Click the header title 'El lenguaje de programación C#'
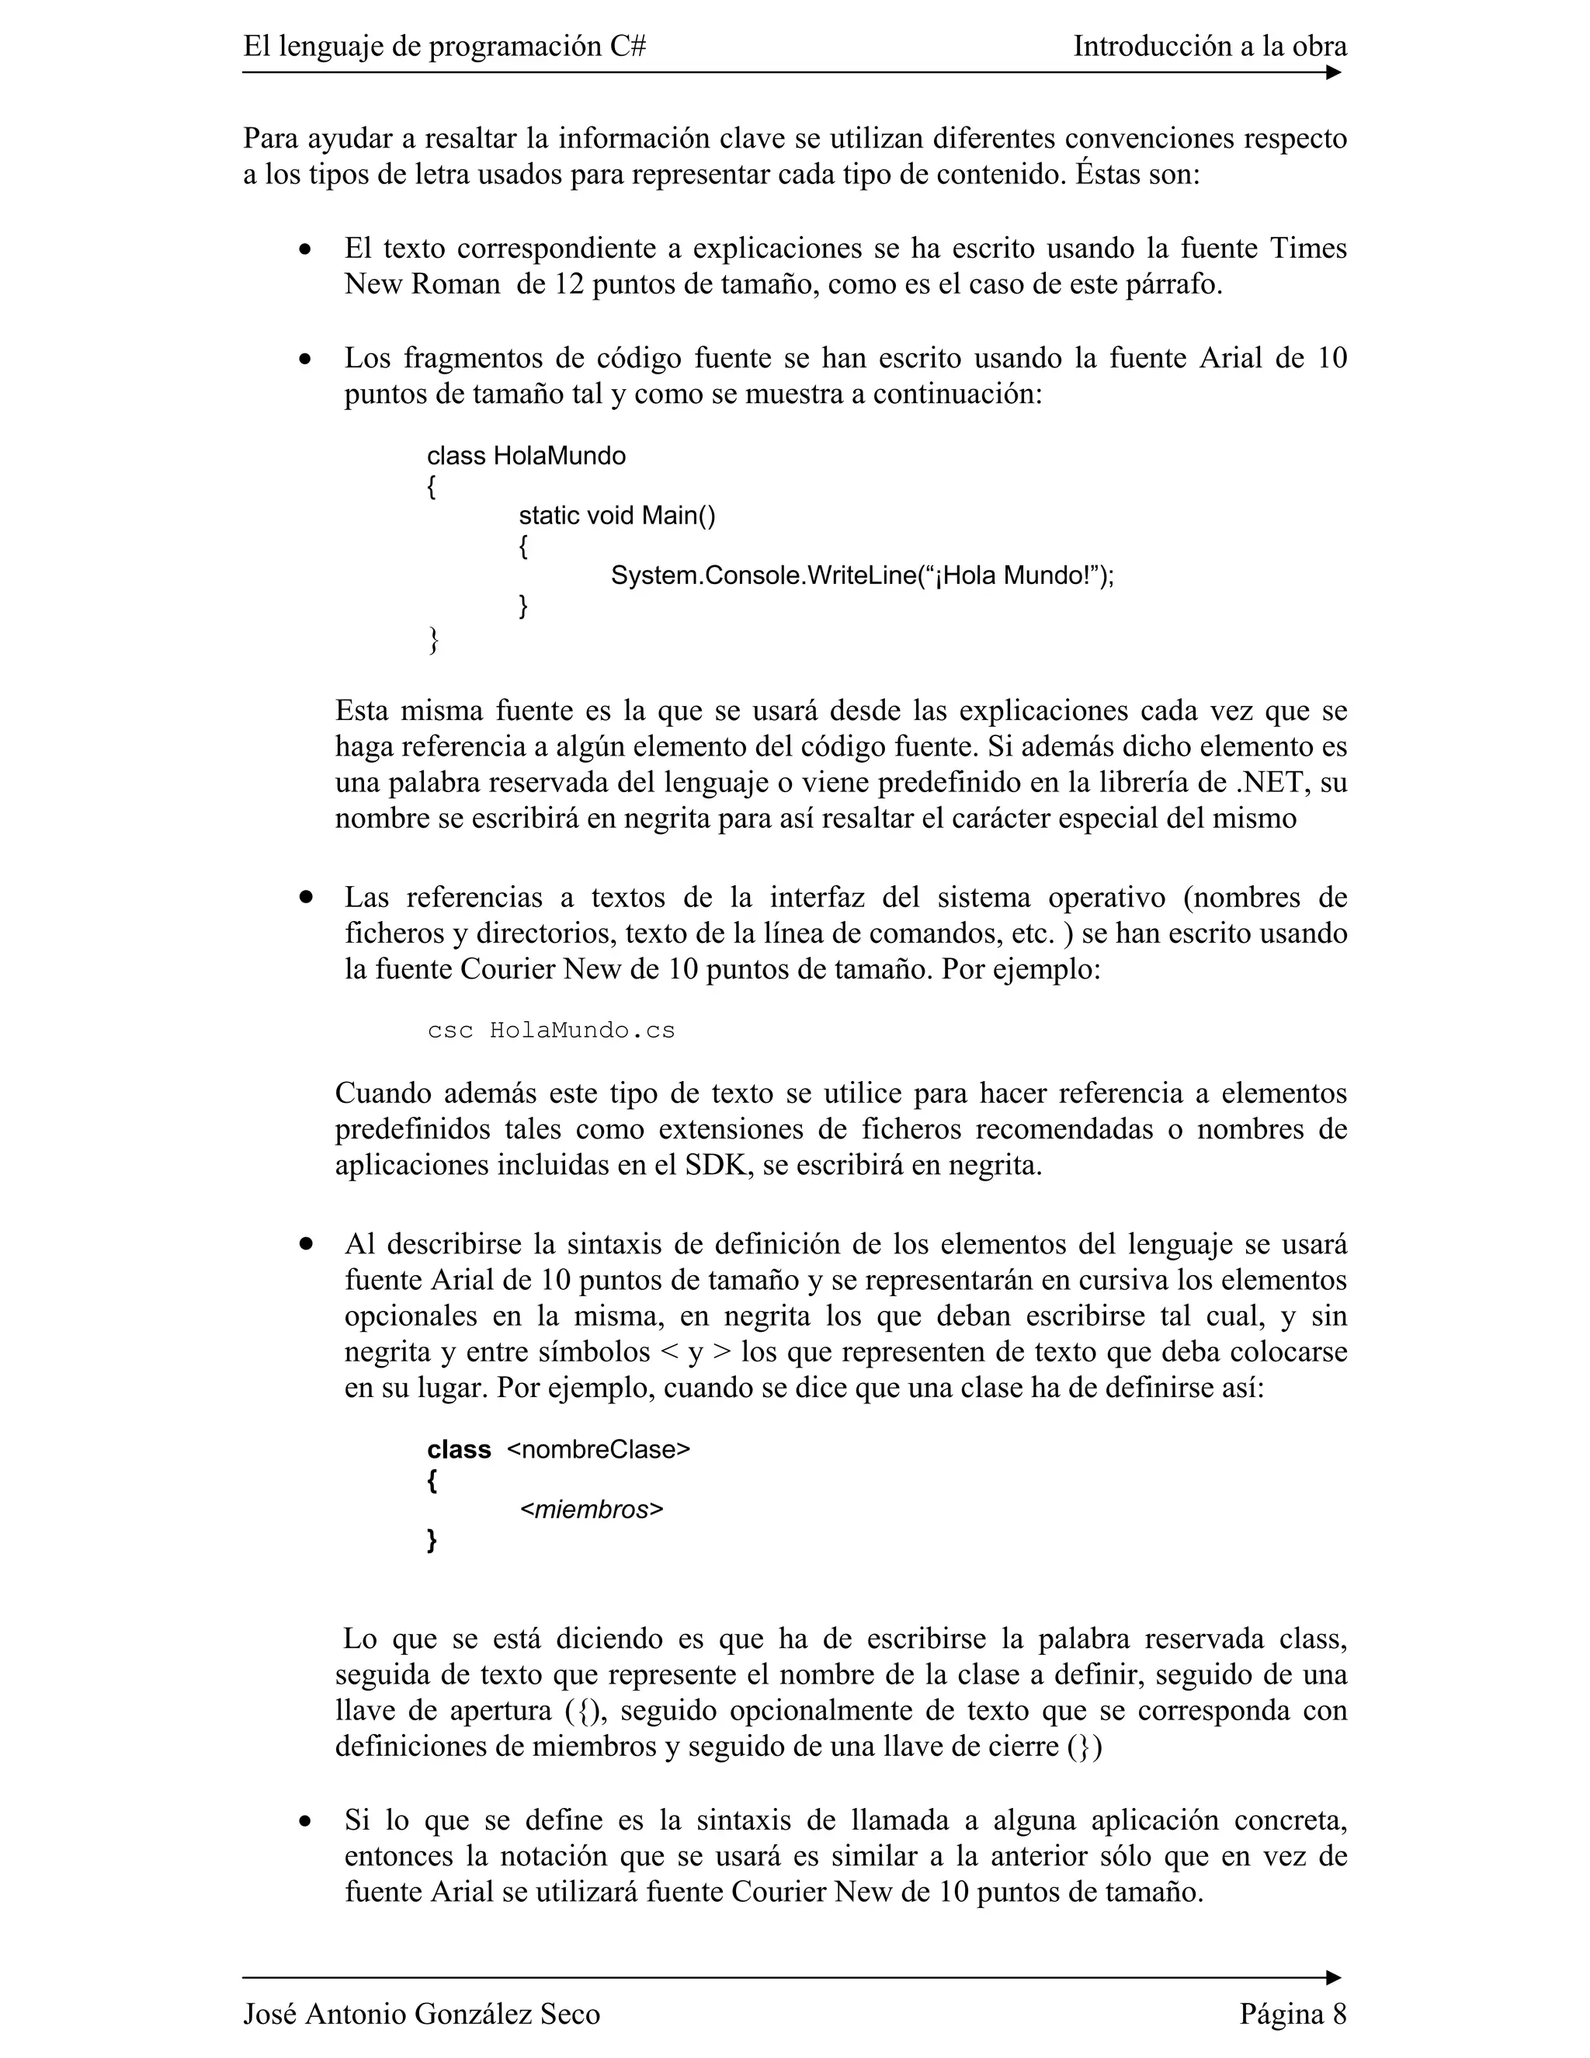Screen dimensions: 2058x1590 coord(443,46)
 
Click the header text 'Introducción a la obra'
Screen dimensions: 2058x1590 coord(1210,46)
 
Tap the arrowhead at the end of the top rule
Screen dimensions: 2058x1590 coord(1333,72)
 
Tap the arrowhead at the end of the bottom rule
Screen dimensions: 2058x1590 coord(1333,1977)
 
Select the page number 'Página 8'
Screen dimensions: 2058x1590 coord(1293,2014)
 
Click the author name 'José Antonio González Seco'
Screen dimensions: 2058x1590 coord(421,2014)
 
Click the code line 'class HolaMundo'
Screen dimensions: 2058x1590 coord(526,456)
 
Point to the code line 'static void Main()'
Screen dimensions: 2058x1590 coord(617,516)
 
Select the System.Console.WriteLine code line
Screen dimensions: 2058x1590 coord(862,575)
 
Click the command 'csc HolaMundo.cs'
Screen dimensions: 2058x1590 coord(551,1030)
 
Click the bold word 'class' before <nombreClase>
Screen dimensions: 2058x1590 coord(459,1449)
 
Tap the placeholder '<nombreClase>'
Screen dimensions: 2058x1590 coord(598,1449)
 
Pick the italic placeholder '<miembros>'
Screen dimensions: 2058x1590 coord(592,1510)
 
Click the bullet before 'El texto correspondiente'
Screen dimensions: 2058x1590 coord(304,250)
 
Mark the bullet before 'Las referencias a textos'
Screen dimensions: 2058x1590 coord(305,898)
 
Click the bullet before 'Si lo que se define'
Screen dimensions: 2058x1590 coord(304,1821)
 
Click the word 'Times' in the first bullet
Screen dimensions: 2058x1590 coord(1308,248)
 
